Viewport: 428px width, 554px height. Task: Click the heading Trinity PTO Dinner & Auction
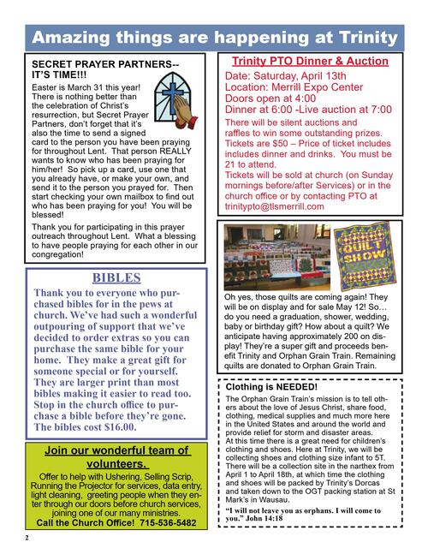[x=310, y=62]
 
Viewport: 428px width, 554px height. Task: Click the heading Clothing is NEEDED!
[x=271, y=387]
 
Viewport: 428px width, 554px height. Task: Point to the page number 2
[x=27, y=538]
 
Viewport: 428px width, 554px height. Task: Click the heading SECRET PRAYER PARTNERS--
[x=105, y=64]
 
